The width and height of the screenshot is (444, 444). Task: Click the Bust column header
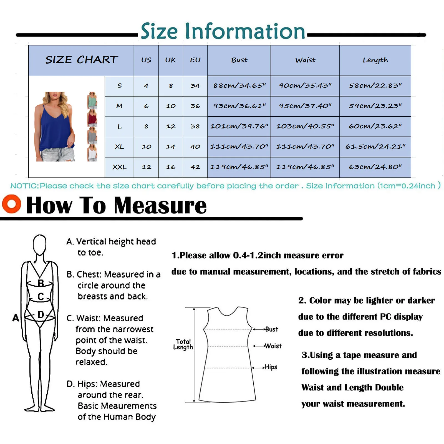point(239,60)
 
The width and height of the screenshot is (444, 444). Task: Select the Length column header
point(375,60)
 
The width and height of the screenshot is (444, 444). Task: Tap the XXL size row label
point(119,167)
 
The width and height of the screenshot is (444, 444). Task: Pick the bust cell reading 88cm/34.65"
point(239,86)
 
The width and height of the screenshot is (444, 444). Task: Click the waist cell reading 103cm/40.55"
point(305,126)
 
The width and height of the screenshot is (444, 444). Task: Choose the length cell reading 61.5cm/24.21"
point(375,147)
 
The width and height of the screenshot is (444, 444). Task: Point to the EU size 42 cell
point(195,167)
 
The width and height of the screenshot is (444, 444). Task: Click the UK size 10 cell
point(171,106)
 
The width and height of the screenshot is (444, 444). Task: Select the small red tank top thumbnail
point(92,118)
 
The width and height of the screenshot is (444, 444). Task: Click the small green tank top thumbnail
point(92,101)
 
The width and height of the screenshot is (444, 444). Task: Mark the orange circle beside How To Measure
point(11,204)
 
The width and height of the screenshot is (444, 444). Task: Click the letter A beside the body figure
point(16,318)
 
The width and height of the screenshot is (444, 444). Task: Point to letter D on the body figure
point(41,315)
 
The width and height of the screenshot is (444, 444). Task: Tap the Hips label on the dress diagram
point(271,367)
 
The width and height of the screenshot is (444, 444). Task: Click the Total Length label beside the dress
point(183,344)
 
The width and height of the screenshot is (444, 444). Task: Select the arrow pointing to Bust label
point(258,329)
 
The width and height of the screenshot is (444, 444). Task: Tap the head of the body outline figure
point(39,244)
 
